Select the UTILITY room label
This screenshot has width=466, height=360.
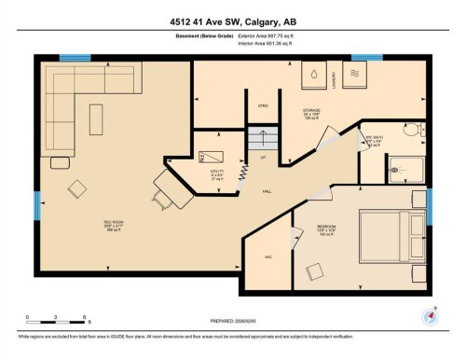pos(216,172)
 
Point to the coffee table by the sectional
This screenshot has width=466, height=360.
pos(97,118)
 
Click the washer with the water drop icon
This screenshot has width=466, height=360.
pos(315,74)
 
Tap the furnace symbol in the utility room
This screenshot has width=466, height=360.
pos(214,156)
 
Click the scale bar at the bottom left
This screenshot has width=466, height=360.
pos(56,324)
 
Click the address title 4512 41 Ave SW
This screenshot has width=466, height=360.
pos(233,21)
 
